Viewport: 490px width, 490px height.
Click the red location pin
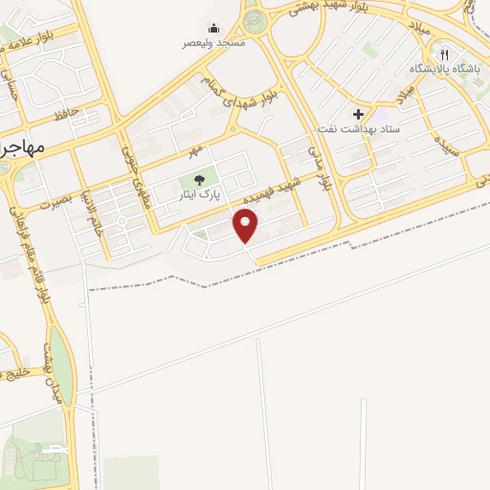pos(246,226)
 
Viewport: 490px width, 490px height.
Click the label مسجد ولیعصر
pos(214,43)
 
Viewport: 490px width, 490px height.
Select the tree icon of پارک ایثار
pos(199,178)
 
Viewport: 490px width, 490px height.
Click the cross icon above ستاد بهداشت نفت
pos(359,114)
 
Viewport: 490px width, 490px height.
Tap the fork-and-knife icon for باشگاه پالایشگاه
pos(444,55)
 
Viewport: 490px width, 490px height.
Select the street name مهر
pos(196,150)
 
